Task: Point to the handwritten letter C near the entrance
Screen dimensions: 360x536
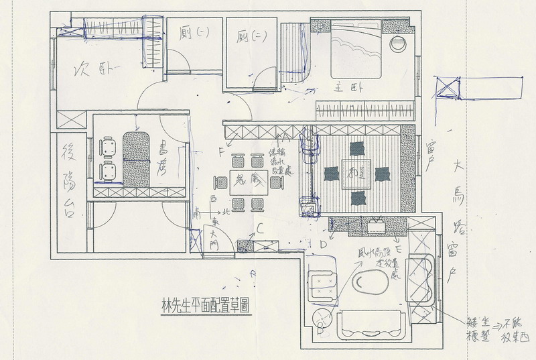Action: [259, 228]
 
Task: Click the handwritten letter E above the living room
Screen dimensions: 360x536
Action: [399, 249]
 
